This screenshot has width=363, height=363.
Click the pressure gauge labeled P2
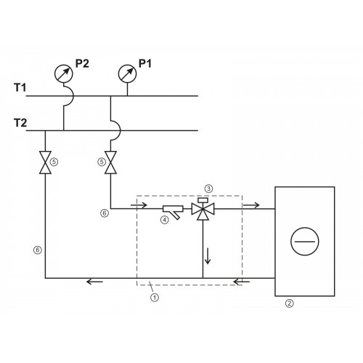click(x=64, y=73)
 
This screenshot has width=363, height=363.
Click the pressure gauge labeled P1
click(x=127, y=73)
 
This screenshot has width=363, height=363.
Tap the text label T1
click(x=20, y=87)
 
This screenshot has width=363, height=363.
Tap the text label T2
click(x=20, y=123)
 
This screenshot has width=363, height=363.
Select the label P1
click(x=145, y=63)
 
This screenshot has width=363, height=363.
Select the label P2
click(x=82, y=63)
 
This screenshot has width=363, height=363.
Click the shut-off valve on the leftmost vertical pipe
click(x=45, y=163)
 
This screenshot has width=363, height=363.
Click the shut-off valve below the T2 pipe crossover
click(x=110, y=163)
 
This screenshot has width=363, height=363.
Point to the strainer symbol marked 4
click(x=174, y=211)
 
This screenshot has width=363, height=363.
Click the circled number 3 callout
click(x=208, y=189)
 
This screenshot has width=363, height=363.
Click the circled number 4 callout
click(x=165, y=220)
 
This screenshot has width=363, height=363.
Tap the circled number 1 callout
click(x=155, y=297)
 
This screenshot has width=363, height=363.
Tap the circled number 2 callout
click(x=290, y=303)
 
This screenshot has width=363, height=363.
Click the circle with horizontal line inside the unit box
click(x=305, y=241)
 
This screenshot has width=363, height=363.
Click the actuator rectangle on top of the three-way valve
click(x=203, y=200)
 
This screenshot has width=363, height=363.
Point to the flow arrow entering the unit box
click(x=251, y=205)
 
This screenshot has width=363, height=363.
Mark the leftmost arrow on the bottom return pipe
click(x=94, y=282)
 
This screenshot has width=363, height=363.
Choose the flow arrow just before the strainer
click(x=139, y=205)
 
